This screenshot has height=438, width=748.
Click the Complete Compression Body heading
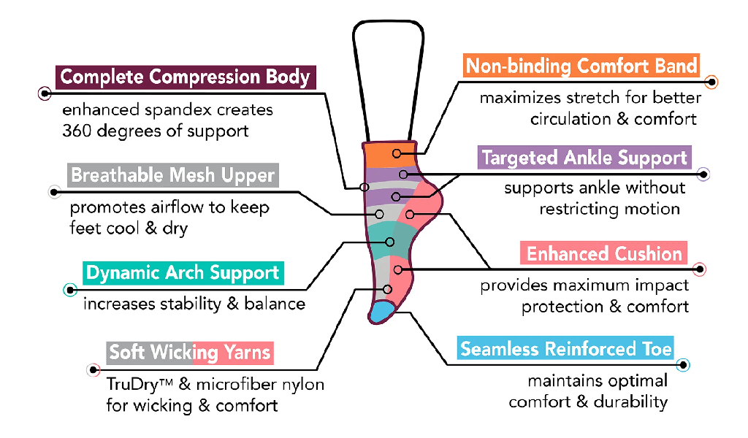(185, 77)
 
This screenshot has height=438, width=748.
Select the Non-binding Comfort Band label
(581, 66)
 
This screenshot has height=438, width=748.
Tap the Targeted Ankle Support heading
(584, 158)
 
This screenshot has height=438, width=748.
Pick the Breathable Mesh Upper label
(172, 176)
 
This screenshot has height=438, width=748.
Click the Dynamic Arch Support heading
(183, 274)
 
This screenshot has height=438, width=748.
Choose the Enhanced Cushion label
(604, 254)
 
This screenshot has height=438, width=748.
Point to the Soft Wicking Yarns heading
(190, 353)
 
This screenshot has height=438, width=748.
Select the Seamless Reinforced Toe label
(565, 349)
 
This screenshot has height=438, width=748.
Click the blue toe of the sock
(381, 312)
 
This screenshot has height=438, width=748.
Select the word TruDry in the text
(129, 384)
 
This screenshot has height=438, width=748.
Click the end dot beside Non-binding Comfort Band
(713, 82)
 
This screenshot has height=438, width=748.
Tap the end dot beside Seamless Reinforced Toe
(683, 364)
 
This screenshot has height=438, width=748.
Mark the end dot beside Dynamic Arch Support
(70, 290)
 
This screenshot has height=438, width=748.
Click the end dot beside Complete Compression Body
(45, 94)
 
